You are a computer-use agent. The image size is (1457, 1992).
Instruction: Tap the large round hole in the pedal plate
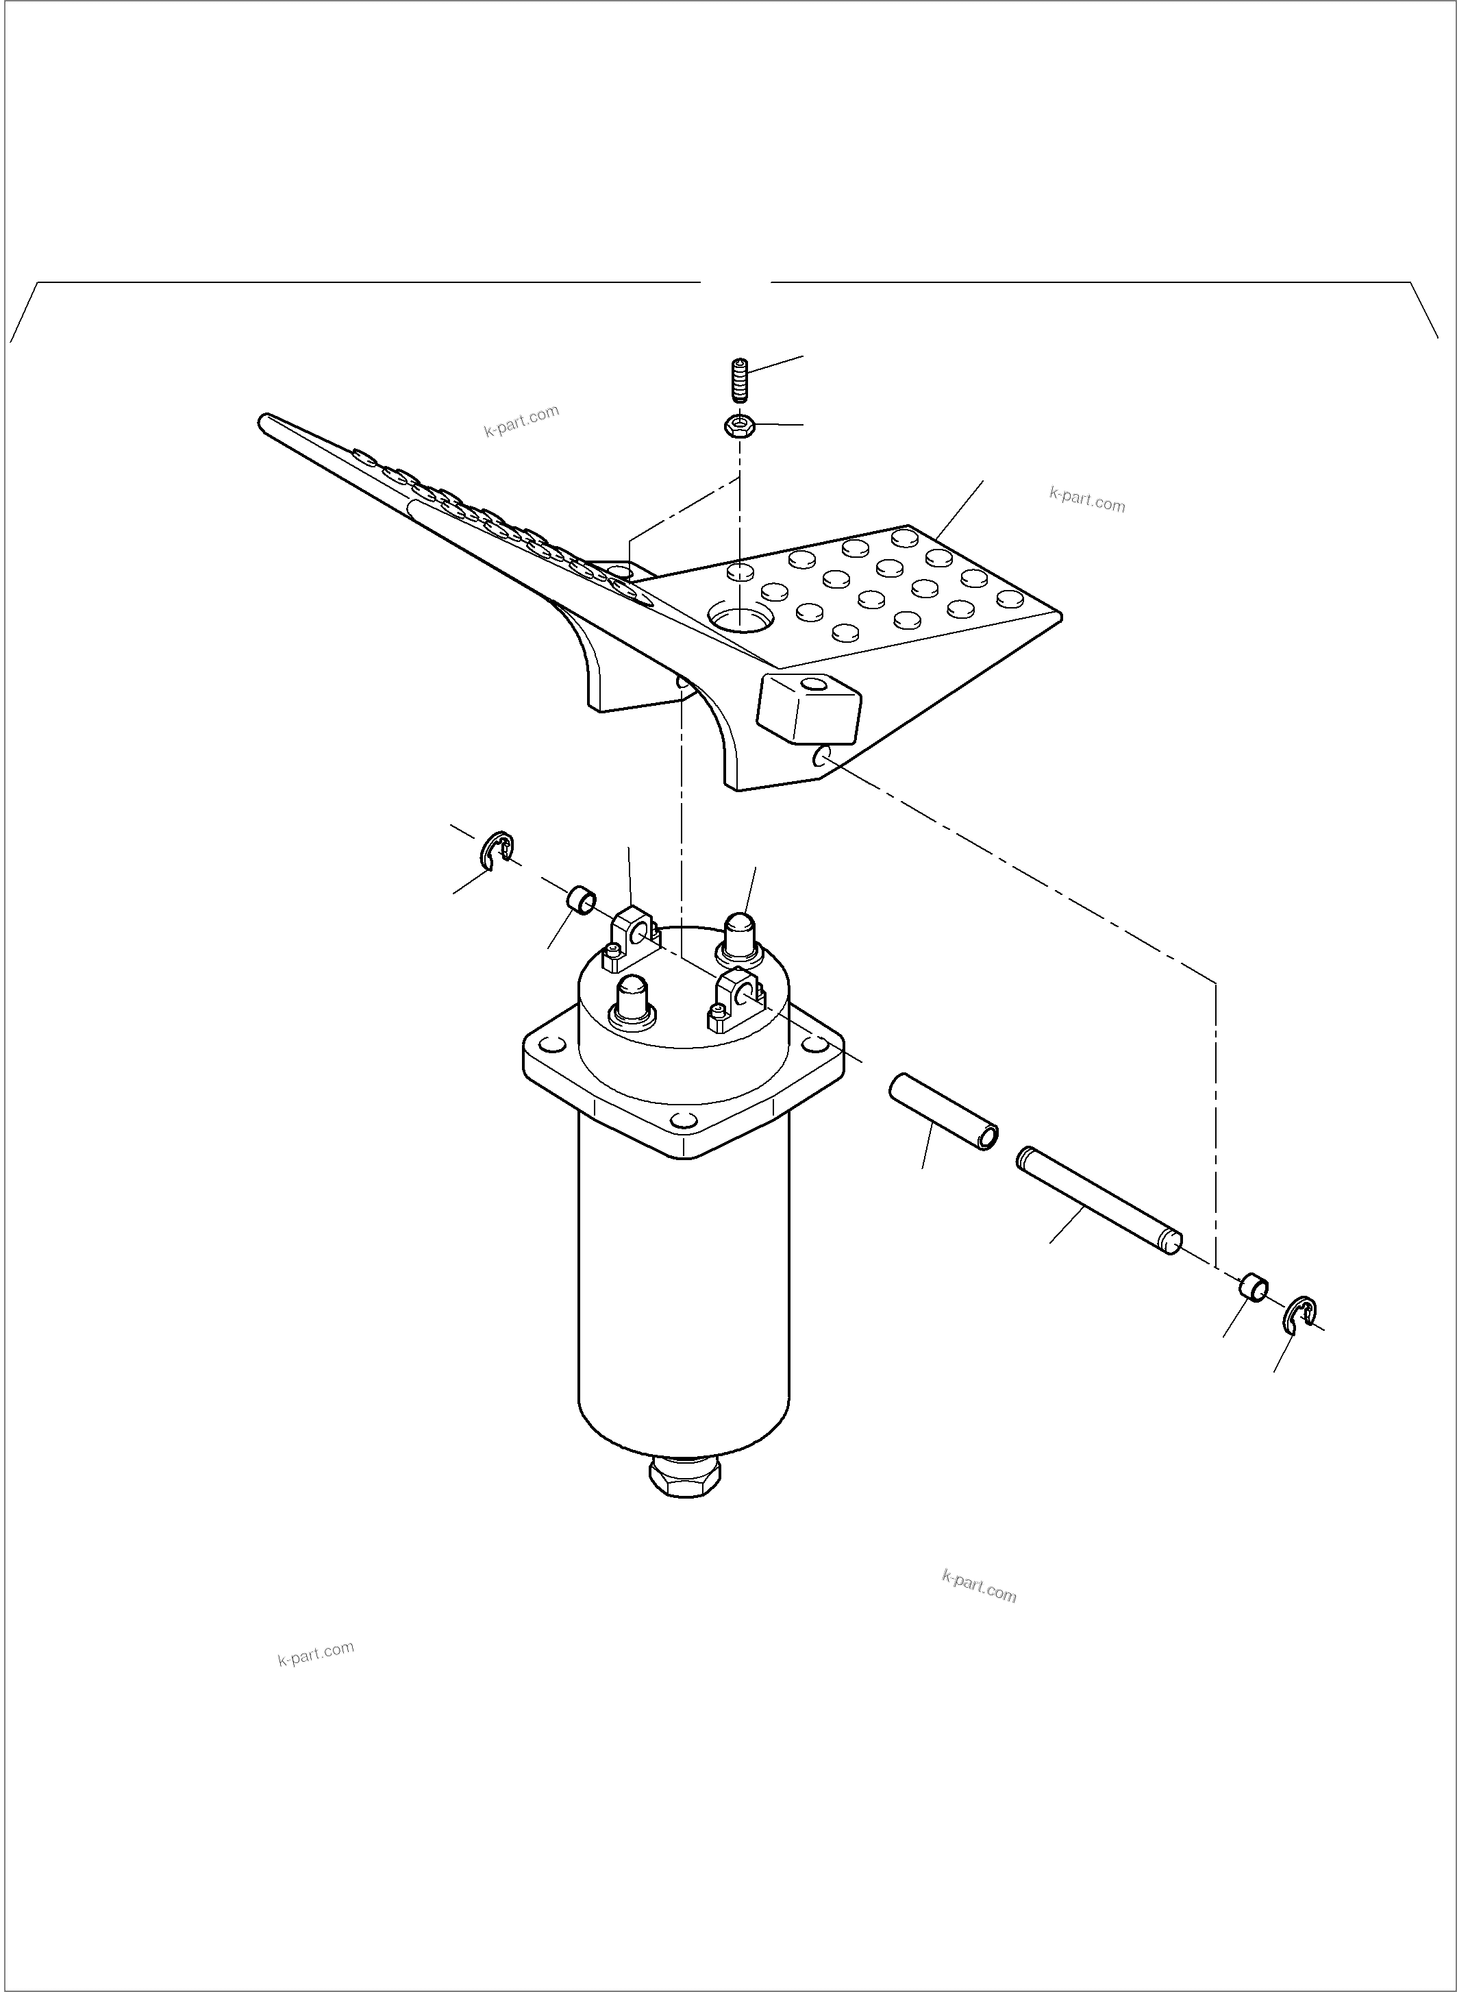coord(739,617)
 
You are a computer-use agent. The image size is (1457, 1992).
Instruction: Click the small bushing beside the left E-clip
coord(581,902)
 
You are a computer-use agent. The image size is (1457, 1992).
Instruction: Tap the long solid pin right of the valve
coord(1098,1200)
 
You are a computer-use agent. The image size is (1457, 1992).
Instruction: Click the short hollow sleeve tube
coord(944,1111)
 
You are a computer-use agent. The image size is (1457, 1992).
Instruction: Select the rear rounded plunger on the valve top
coord(739,936)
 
